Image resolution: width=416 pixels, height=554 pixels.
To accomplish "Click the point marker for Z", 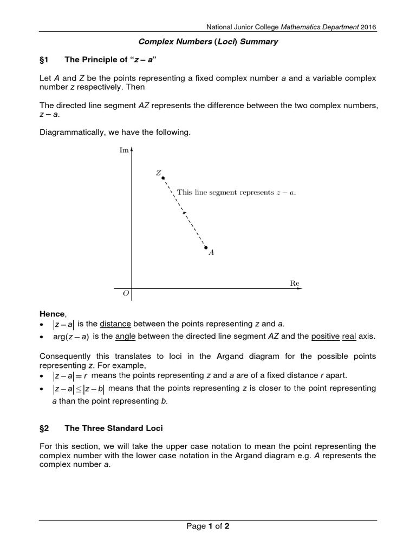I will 162,178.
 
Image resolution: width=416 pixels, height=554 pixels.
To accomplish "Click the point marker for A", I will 206,247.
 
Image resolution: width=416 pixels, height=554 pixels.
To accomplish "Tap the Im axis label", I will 123,150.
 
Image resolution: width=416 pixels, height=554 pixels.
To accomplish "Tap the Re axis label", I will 295,283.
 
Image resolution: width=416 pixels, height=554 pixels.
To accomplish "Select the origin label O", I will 126,294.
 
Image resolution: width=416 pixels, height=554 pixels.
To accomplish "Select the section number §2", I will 45,428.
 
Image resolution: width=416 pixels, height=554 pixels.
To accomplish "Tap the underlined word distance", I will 115,324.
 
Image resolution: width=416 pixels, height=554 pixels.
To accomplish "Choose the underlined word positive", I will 326,336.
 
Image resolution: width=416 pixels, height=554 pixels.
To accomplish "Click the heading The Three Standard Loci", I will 114,428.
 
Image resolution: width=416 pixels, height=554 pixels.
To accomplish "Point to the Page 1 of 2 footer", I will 208,526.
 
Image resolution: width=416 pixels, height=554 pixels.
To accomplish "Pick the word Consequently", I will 67,357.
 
